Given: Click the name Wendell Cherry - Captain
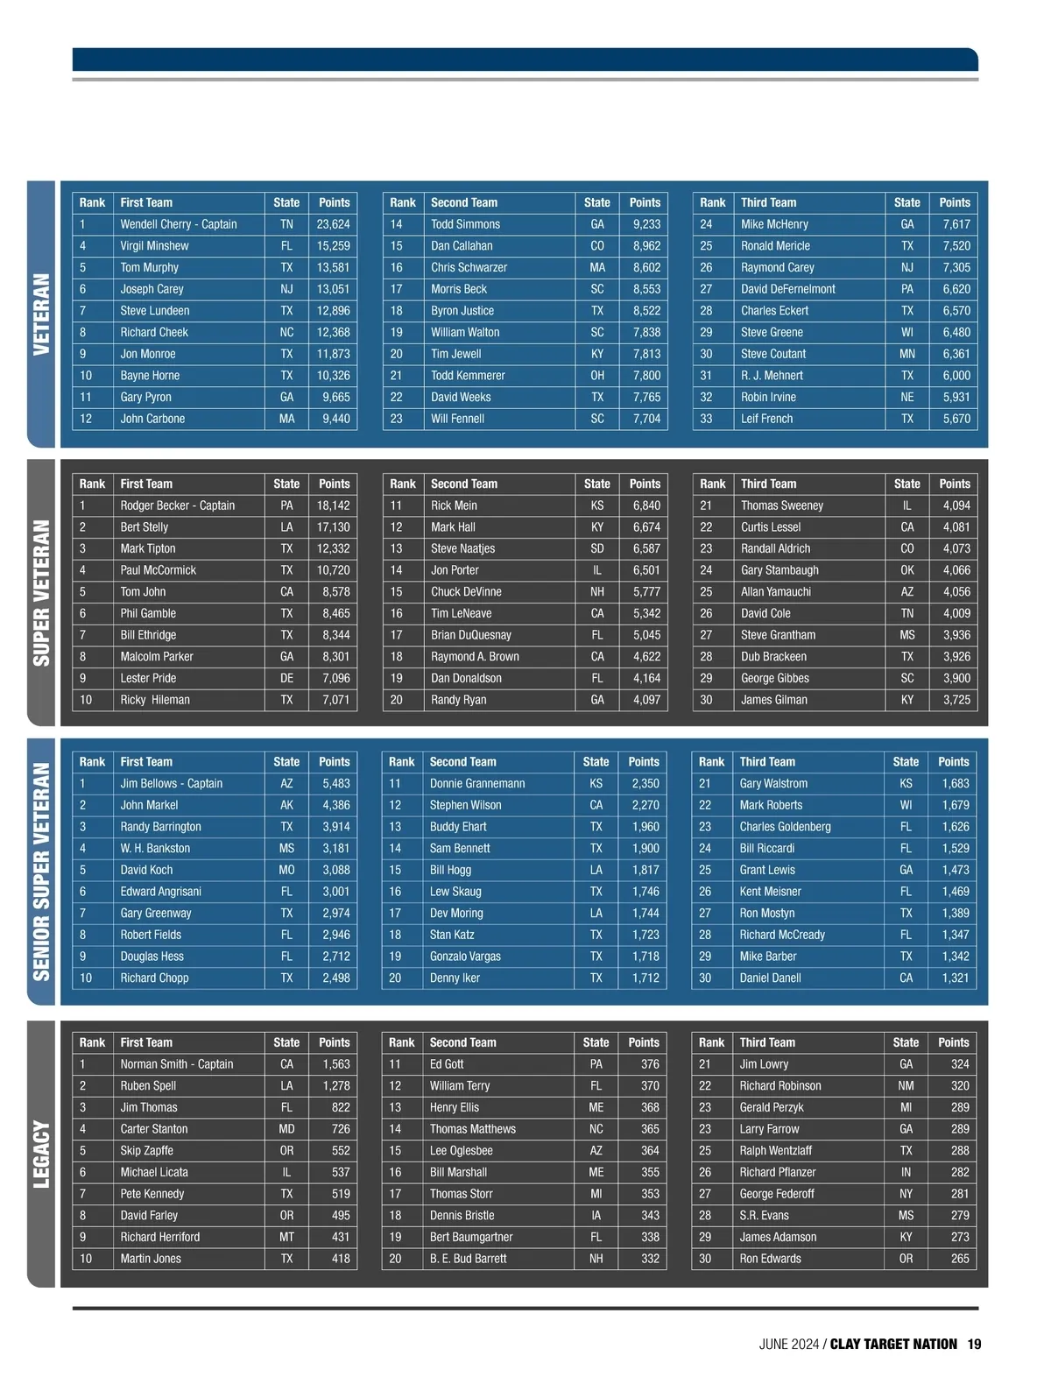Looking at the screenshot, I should click(178, 224).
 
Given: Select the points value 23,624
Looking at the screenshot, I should click(333, 224).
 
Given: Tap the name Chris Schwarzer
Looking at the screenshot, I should click(469, 267).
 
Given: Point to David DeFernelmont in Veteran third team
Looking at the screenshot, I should click(787, 289).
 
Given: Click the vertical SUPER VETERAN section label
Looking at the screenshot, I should click(41, 592).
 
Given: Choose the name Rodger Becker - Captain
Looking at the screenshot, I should click(177, 505).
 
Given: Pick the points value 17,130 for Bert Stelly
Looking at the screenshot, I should click(333, 527).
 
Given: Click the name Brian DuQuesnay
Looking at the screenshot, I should click(470, 635).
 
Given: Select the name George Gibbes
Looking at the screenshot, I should click(774, 678).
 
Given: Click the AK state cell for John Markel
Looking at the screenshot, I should click(286, 805).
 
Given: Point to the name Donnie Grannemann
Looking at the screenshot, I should click(476, 783).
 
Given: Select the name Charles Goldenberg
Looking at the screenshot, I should click(785, 826).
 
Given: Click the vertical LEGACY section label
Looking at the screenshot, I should click(41, 1154).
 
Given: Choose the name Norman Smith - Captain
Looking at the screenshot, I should click(176, 1064).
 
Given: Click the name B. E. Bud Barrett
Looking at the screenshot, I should click(468, 1259).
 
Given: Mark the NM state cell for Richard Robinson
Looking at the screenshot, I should click(906, 1086).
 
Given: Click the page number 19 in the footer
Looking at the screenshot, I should click(974, 1344).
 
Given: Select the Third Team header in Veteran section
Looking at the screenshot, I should click(768, 202).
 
